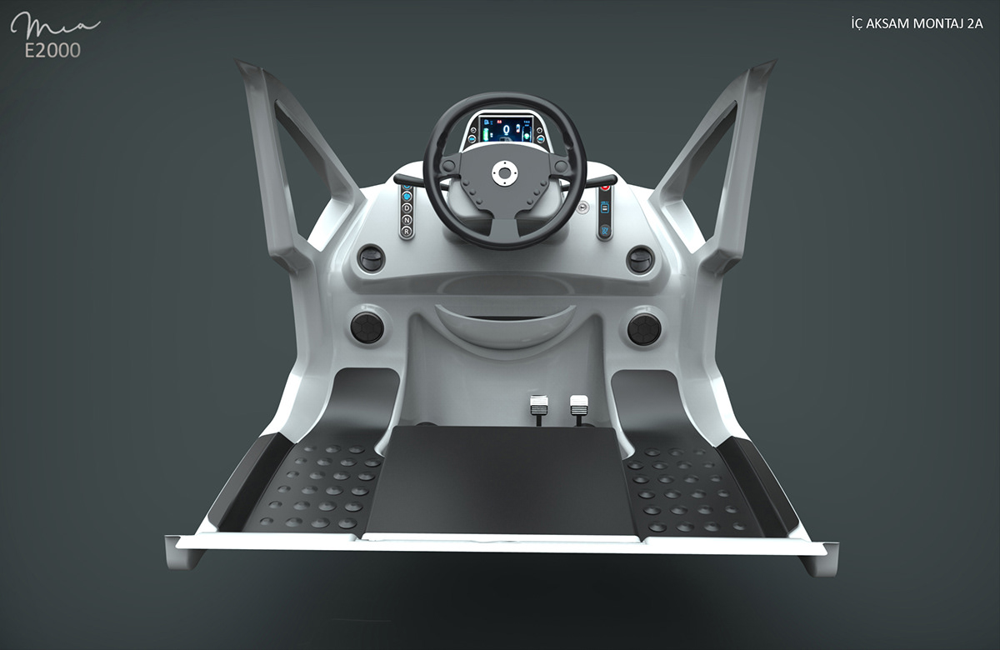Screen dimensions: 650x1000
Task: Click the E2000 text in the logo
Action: coord(52,50)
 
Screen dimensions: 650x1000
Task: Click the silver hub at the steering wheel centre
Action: coord(503,172)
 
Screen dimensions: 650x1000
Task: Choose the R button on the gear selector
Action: coord(407,230)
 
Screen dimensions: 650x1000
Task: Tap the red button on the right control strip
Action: coord(605,187)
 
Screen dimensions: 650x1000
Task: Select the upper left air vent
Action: coord(372,258)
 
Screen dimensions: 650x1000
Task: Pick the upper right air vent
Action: coord(640,258)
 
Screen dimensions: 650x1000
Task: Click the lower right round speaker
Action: coord(644,328)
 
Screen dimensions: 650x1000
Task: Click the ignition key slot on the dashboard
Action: coord(583,204)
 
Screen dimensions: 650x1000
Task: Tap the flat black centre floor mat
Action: coord(500,479)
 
